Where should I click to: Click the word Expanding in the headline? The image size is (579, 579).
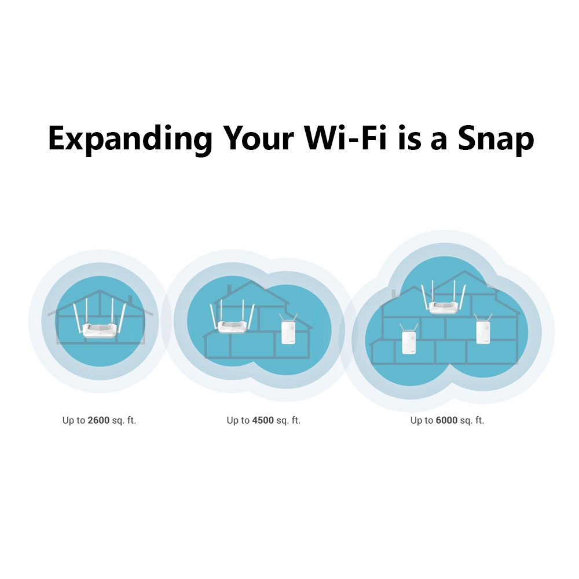tap(130, 139)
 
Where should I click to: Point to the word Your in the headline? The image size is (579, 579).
tap(258, 138)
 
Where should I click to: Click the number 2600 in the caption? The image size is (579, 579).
tap(98, 420)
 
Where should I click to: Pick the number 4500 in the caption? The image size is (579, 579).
tap(263, 420)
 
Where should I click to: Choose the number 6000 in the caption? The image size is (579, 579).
tap(447, 420)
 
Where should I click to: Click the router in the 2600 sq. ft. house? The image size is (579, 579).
tap(100, 321)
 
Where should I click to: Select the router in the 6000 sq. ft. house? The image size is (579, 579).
tap(444, 298)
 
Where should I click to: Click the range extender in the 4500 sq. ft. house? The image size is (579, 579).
tap(288, 329)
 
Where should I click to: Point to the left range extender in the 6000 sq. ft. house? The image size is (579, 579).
tap(408, 339)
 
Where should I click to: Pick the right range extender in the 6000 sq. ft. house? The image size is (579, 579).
tap(483, 329)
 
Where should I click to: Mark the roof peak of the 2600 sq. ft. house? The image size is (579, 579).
tap(100, 291)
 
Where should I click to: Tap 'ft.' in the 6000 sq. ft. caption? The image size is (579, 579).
tap(479, 420)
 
